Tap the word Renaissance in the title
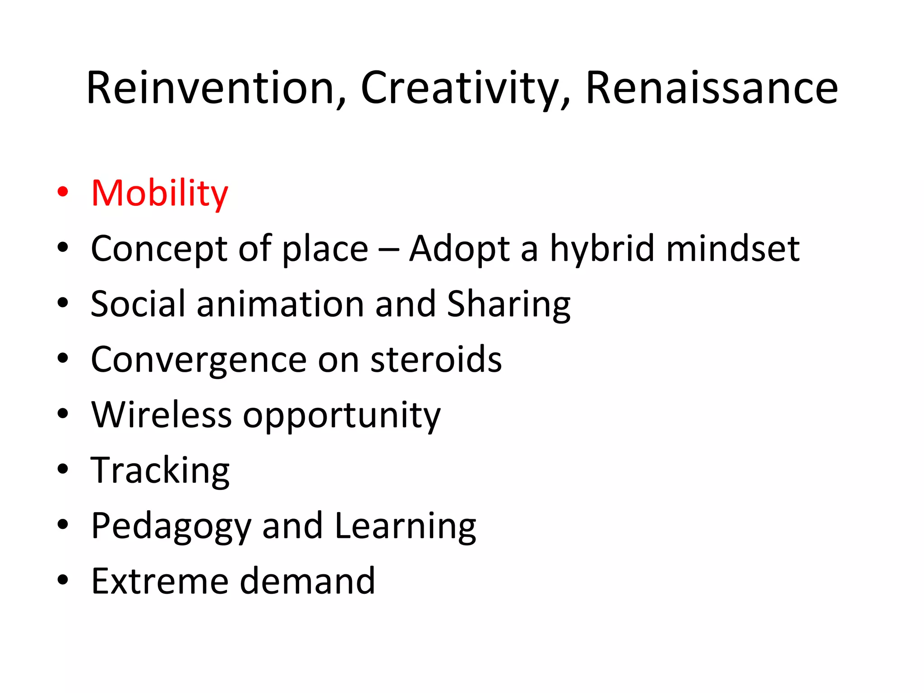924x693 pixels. (711, 88)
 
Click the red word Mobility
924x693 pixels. (160, 194)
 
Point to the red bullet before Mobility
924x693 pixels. (63, 192)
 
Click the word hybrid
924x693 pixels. (601, 249)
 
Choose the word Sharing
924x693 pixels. (508, 305)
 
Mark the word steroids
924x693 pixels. (436, 360)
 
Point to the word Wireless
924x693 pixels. (161, 415)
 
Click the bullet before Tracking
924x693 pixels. (63, 469)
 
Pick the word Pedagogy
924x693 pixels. (171, 527)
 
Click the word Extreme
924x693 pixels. (160, 581)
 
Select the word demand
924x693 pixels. (307, 581)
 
